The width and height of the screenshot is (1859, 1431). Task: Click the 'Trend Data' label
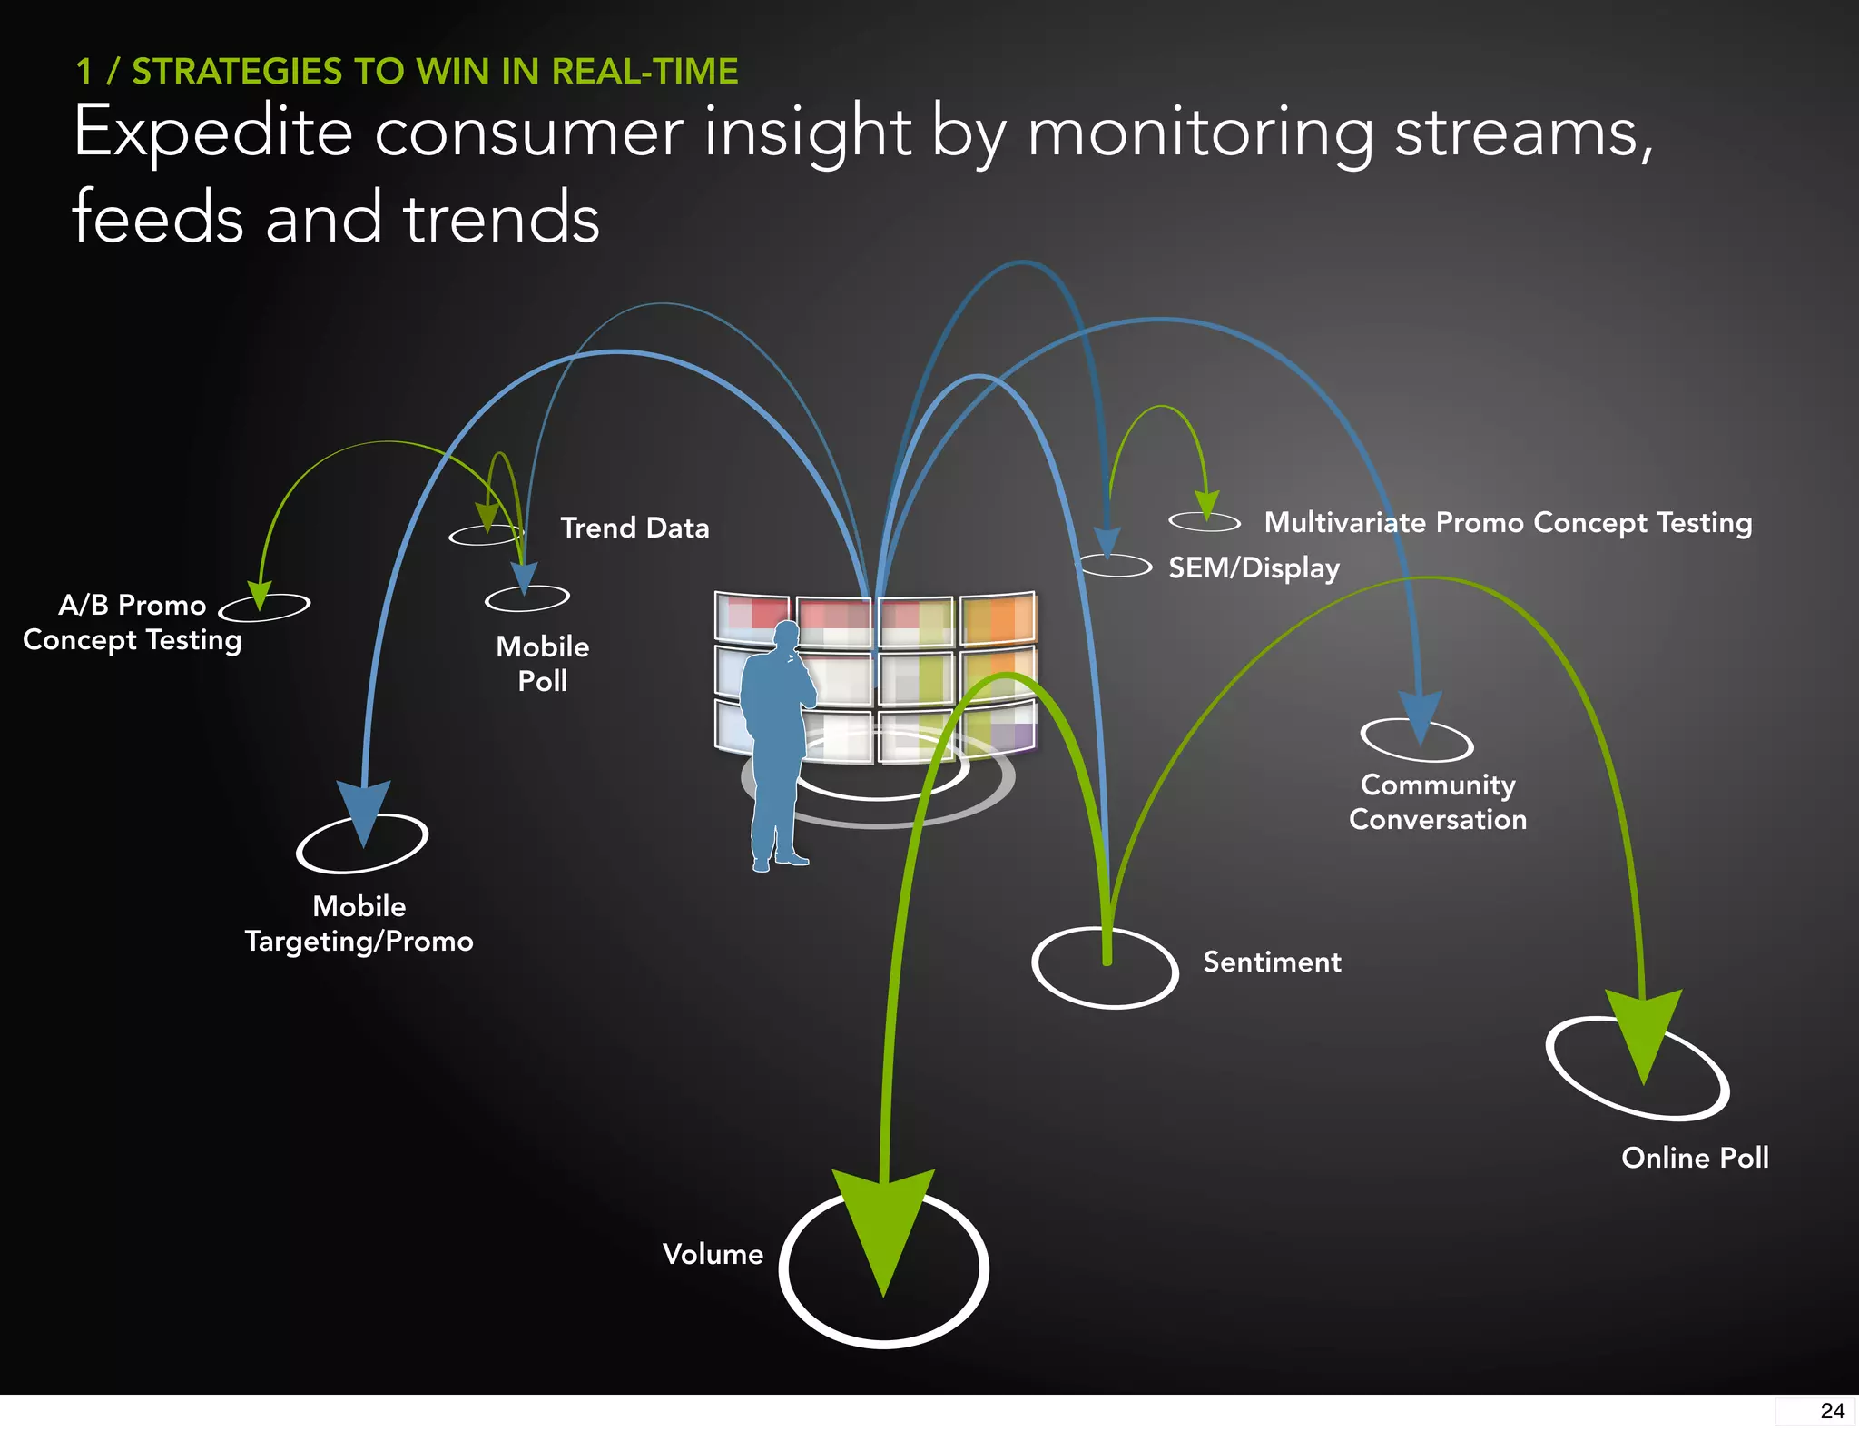pos(634,528)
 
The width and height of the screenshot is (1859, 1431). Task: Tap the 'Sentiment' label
pos(1272,962)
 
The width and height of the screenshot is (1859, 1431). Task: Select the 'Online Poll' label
pos(1695,1158)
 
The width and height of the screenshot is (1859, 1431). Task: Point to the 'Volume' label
pos(713,1254)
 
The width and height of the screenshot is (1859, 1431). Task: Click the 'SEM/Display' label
pos(1254,568)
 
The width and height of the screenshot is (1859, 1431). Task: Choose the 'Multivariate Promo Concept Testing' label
pos(1508,523)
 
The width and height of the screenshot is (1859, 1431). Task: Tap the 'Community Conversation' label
pos(1438,802)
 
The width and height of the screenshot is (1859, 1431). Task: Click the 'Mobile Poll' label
pos(543,664)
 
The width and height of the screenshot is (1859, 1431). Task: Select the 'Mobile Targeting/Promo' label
pos(359,923)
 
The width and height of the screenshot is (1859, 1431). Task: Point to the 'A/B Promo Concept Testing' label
pos(133,622)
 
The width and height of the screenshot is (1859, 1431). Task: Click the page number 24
pos(1831,1411)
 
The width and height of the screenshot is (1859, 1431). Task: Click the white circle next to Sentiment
pos(1105,968)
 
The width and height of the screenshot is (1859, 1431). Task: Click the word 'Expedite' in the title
pos(212,133)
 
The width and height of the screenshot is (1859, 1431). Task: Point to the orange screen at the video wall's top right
pos(998,619)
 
